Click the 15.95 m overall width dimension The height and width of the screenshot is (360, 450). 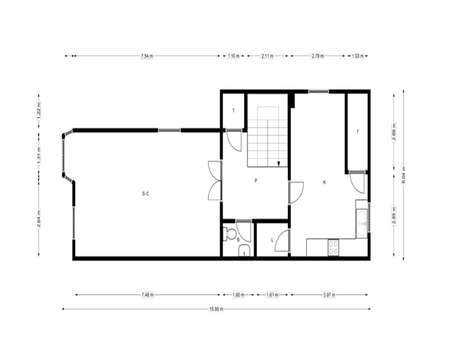click(x=216, y=309)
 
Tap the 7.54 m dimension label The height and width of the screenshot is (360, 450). click(x=147, y=56)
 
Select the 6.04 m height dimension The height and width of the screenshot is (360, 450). click(x=404, y=175)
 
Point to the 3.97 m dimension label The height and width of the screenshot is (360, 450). click(x=329, y=295)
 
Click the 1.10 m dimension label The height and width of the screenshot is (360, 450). click(x=234, y=56)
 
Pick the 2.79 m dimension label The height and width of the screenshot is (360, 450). click(x=318, y=56)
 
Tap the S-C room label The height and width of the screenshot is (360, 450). click(x=146, y=194)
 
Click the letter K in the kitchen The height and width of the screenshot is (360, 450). click(x=324, y=182)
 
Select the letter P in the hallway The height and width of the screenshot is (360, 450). click(x=256, y=180)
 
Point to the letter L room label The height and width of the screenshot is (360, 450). click(x=272, y=240)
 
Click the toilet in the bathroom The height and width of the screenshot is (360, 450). click(x=229, y=234)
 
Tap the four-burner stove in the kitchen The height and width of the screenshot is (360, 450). click(x=333, y=247)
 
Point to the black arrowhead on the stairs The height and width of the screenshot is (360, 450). click(x=279, y=164)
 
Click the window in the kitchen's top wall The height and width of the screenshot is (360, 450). click(x=319, y=91)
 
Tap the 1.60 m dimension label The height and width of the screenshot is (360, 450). click(x=238, y=295)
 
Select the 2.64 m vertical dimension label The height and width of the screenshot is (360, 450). click(x=39, y=219)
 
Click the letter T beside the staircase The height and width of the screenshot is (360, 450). click(x=234, y=111)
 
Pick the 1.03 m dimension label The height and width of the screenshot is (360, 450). click(x=358, y=56)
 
